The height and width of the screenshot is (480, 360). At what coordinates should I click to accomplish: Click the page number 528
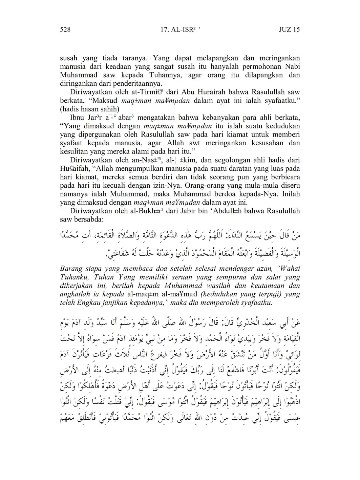(65, 29)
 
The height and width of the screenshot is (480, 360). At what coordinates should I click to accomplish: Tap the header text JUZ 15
(289, 29)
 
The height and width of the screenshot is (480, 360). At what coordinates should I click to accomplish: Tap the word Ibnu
(77, 118)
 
